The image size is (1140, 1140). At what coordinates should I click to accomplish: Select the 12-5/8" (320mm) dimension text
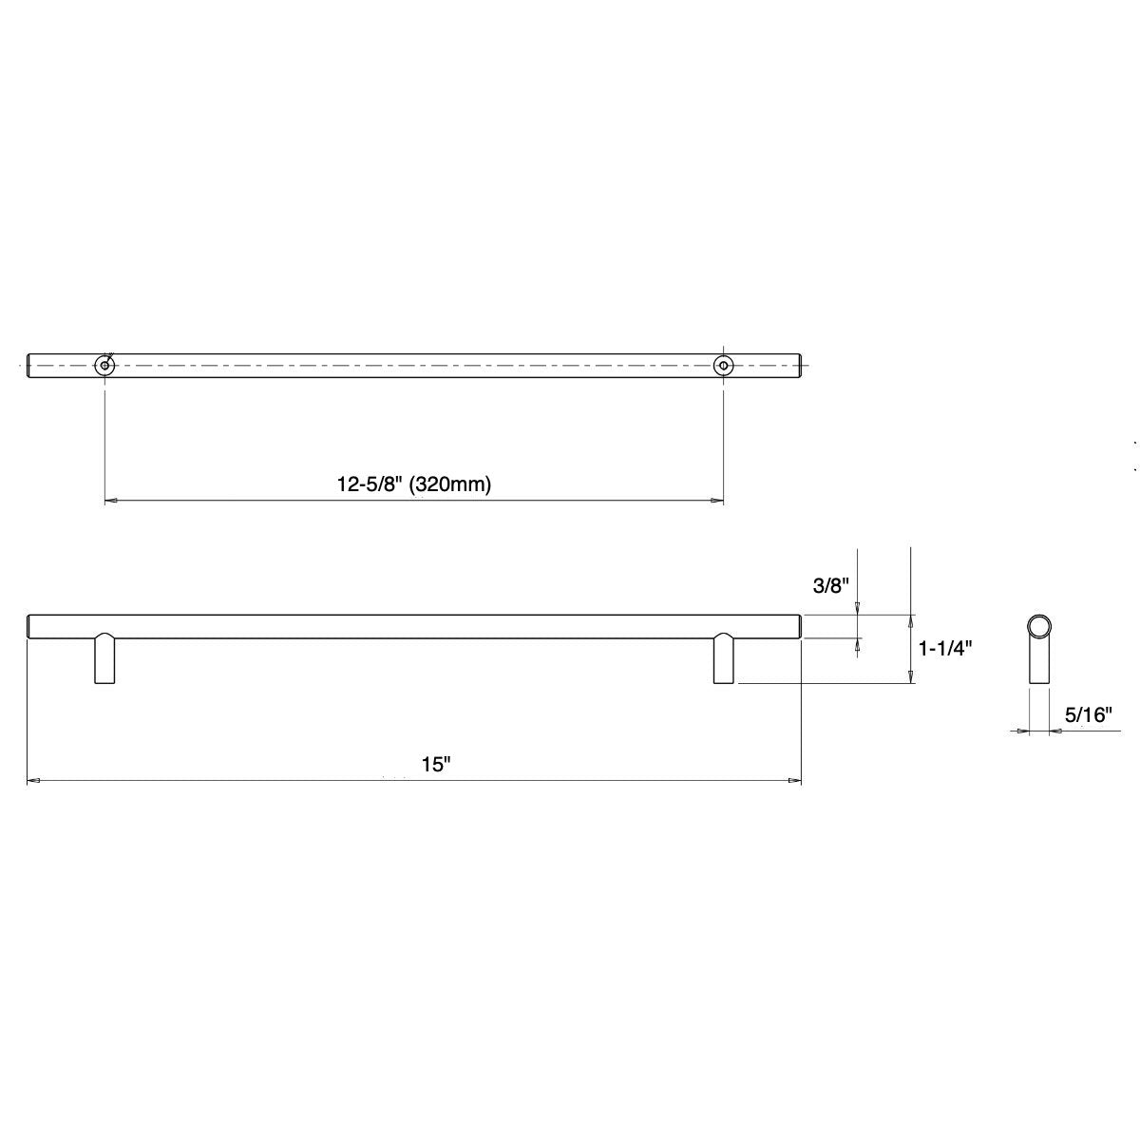tap(413, 484)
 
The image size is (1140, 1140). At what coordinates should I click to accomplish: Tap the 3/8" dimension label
tap(829, 586)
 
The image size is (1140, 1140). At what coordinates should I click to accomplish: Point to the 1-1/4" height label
tap(945, 649)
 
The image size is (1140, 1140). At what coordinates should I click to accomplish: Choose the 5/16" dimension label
tap(1088, 715)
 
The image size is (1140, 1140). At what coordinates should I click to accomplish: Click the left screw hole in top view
tap(104, 365)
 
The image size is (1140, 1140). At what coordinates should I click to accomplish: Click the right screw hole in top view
tap(724, 365)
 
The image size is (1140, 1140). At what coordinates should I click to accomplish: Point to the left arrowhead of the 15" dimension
tap(33, 781)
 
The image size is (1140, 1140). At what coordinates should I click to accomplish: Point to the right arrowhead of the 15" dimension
tap(795, 781)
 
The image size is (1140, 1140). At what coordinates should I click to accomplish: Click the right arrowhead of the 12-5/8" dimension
tap(717, 500)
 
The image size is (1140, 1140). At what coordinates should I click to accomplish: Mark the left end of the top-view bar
tap(29, 365)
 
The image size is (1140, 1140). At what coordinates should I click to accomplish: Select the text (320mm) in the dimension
tap(452, 484)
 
